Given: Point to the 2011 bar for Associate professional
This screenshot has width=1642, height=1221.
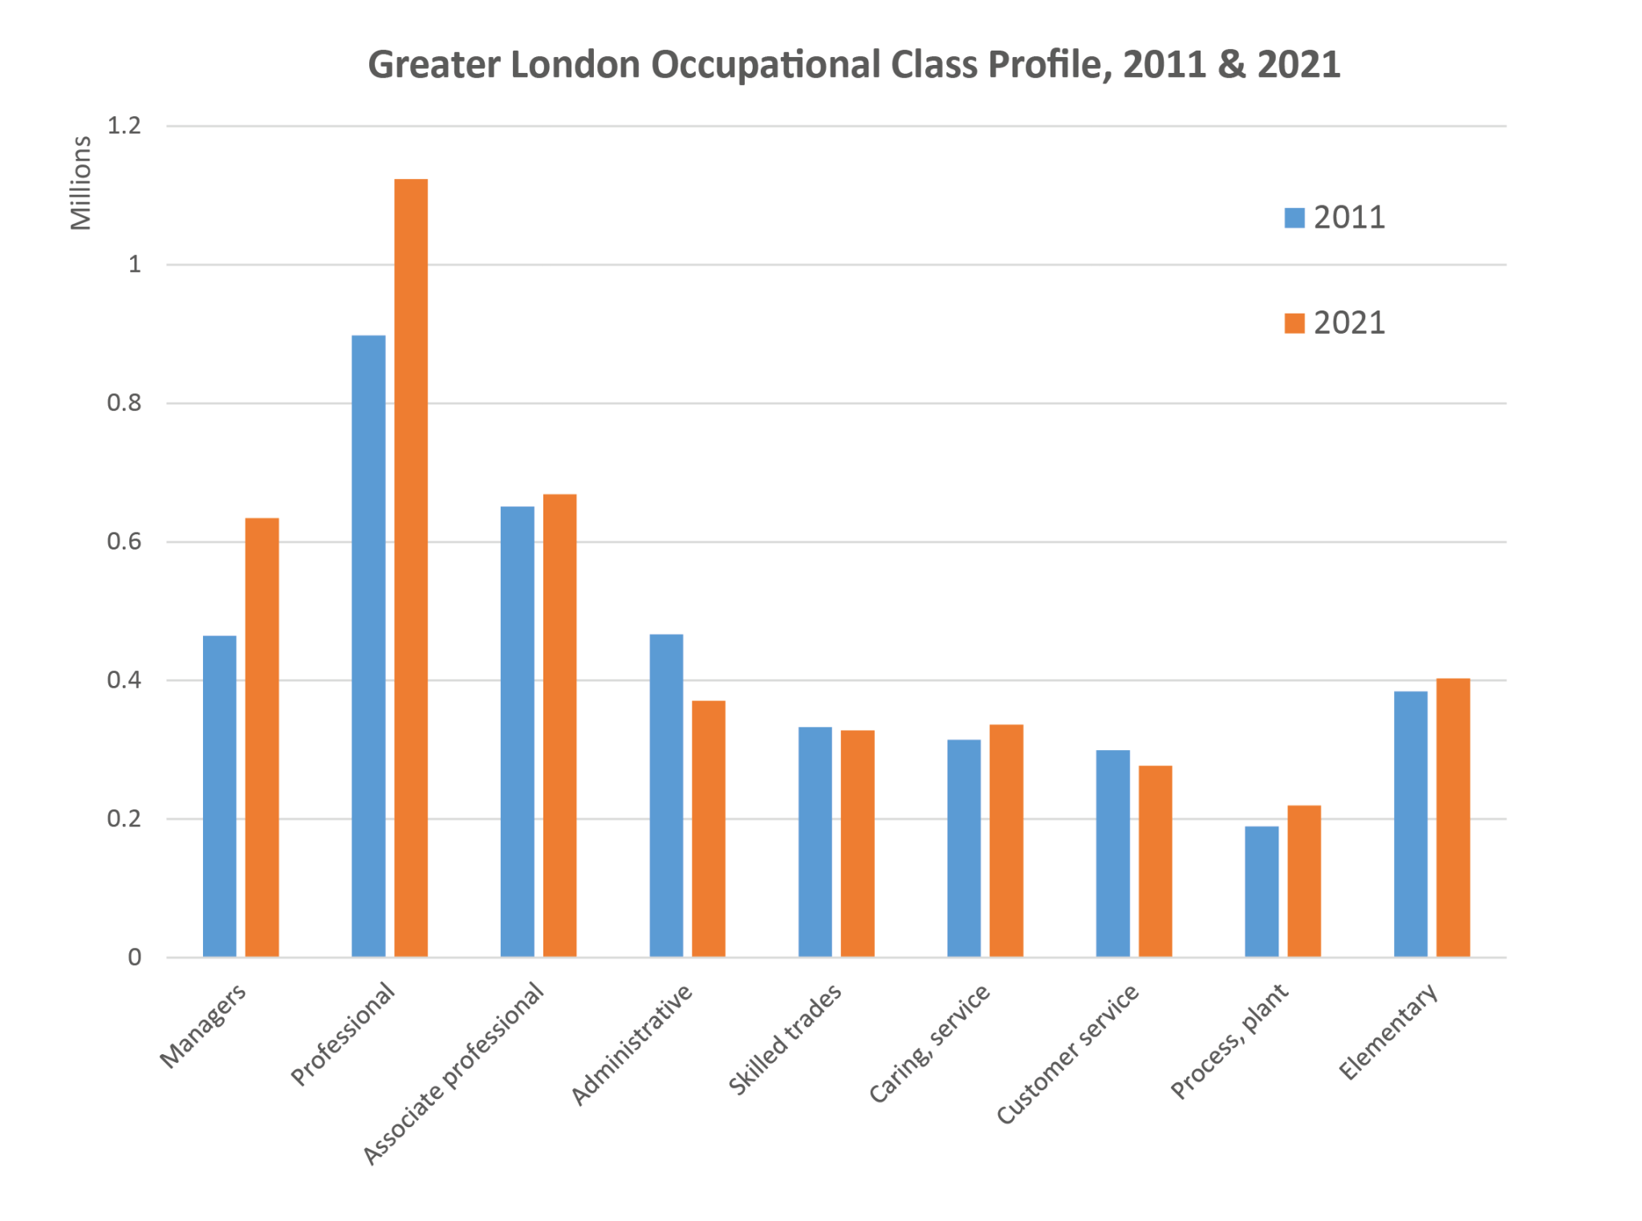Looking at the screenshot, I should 517,731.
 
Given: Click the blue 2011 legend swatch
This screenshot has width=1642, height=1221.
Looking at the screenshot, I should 1294,217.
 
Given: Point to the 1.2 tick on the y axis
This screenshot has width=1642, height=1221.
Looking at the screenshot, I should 124,126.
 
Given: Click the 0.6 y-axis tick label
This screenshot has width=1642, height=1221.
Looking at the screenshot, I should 124,542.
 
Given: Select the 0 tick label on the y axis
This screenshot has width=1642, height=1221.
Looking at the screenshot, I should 134,957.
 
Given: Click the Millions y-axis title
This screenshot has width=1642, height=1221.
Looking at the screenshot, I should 81,183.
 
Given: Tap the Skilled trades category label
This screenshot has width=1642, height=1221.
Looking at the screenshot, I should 784,1039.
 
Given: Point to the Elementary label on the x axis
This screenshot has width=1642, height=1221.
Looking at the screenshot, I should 1388,1032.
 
